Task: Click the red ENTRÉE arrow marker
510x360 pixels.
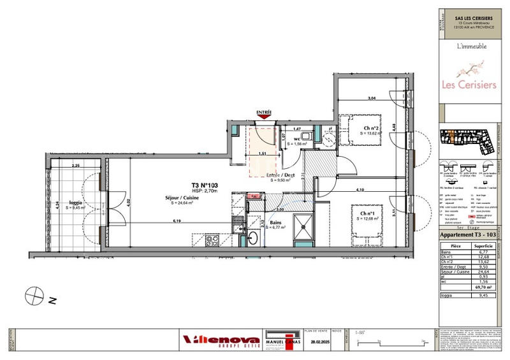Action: [264, 115]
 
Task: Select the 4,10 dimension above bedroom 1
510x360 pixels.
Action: [360, 191]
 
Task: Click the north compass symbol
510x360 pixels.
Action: [33, 296]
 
